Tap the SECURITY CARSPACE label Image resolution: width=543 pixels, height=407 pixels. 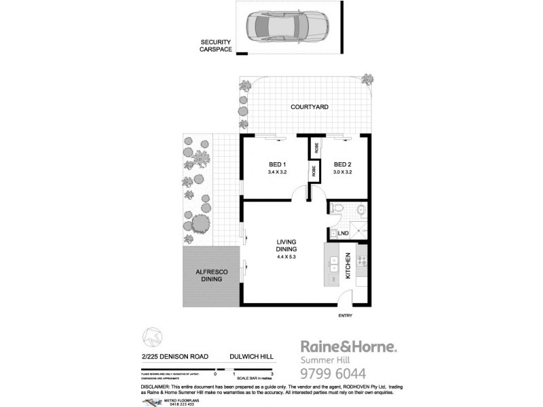[x=216, y=45]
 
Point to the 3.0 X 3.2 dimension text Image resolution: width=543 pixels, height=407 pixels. [x=346, y=173]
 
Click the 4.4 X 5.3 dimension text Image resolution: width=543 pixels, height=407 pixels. [x=286, y=257]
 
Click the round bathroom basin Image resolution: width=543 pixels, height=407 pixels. [x=360, y=210]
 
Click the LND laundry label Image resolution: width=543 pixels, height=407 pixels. [x=343, y=234]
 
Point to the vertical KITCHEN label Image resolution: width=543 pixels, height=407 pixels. [x=348, y=266]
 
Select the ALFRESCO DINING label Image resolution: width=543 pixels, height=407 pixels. [x=212, y=275]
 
